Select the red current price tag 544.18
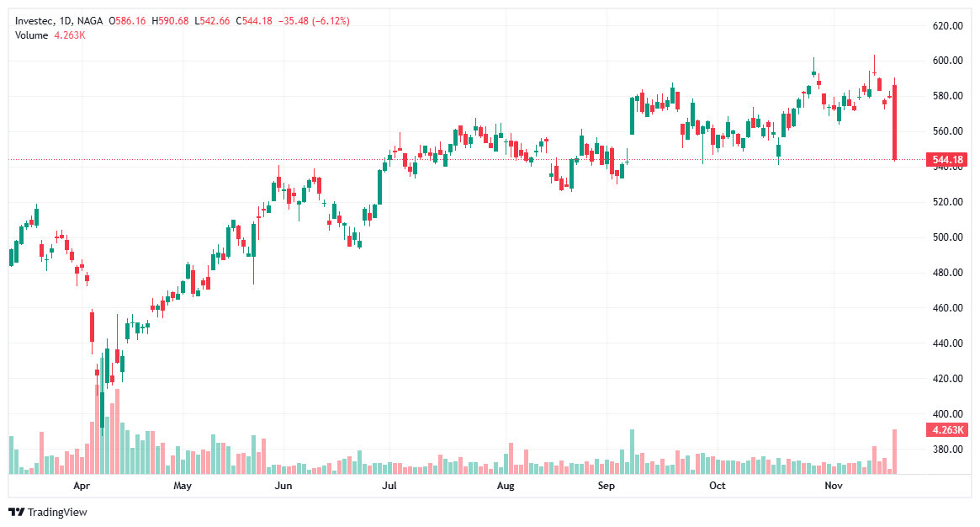946,160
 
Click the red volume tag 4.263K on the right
946,430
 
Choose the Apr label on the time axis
82,487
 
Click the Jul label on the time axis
389,487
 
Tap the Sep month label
607,487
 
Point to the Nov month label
833,487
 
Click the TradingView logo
49,512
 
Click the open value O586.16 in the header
127,20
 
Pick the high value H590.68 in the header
171,20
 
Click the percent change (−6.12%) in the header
331,20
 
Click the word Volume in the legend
32,35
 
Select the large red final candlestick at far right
895,122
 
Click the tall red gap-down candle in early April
92,327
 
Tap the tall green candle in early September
632,115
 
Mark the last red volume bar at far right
895,451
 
